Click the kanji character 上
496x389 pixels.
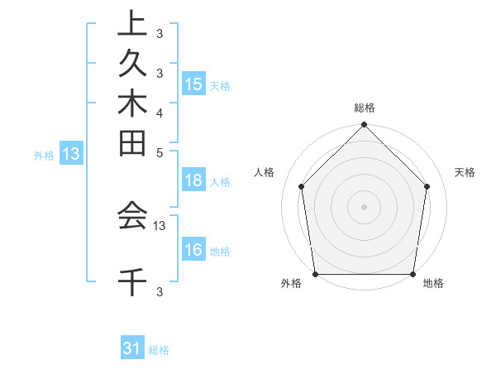132,25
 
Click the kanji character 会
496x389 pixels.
132,216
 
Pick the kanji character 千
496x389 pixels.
132,282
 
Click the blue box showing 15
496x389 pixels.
193,84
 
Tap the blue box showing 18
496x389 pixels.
193,181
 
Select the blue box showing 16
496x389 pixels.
193,251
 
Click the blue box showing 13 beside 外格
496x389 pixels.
71,153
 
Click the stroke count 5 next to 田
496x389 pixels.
160,152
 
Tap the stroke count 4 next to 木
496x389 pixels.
160,113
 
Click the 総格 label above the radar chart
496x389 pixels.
365,108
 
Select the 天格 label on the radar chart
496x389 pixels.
465,172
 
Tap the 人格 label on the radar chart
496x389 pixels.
265,172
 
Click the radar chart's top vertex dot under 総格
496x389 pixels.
365,126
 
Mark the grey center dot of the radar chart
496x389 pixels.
365,206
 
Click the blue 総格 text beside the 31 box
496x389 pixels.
159,350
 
